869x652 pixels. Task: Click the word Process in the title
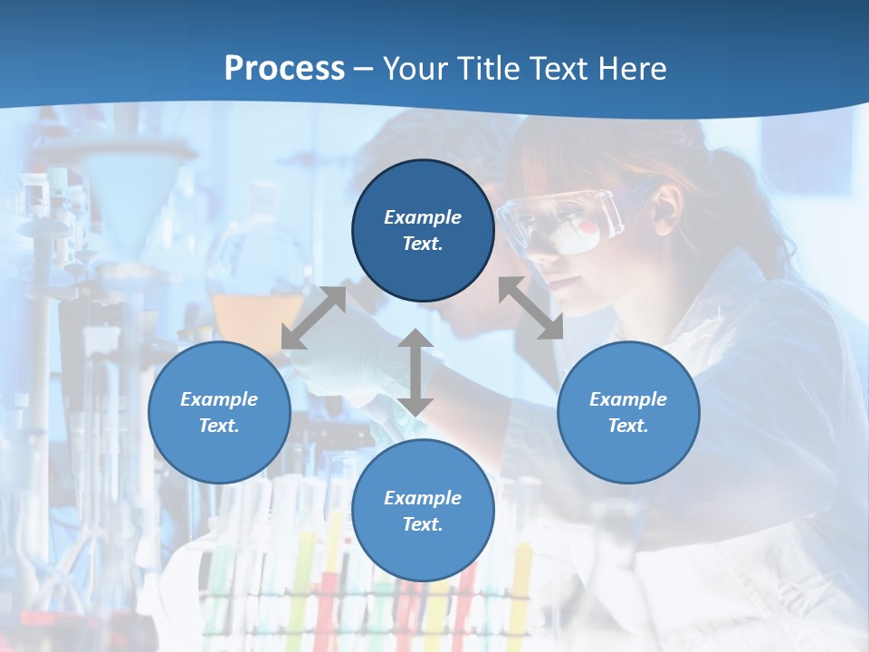[284, 69]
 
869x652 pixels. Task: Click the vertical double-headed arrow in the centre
[415, 372]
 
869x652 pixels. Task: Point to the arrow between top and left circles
[313, 318]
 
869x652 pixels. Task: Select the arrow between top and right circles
[530, 308]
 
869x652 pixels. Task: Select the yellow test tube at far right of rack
[522, 580]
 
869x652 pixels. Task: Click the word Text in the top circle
[423, 244]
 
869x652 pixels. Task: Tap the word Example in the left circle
[219, 399]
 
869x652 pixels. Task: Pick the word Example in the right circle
[628, 399]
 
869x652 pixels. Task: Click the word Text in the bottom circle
[423, 524]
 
